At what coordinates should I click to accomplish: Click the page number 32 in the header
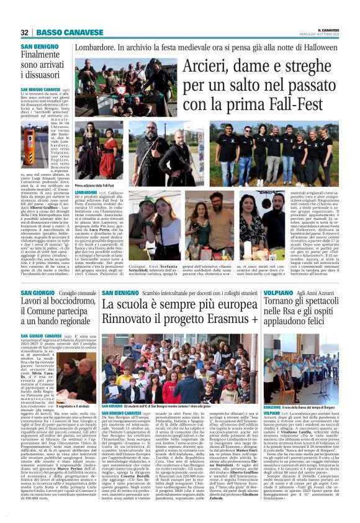click(25, 32)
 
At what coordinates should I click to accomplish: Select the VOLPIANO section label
click(279, 293)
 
